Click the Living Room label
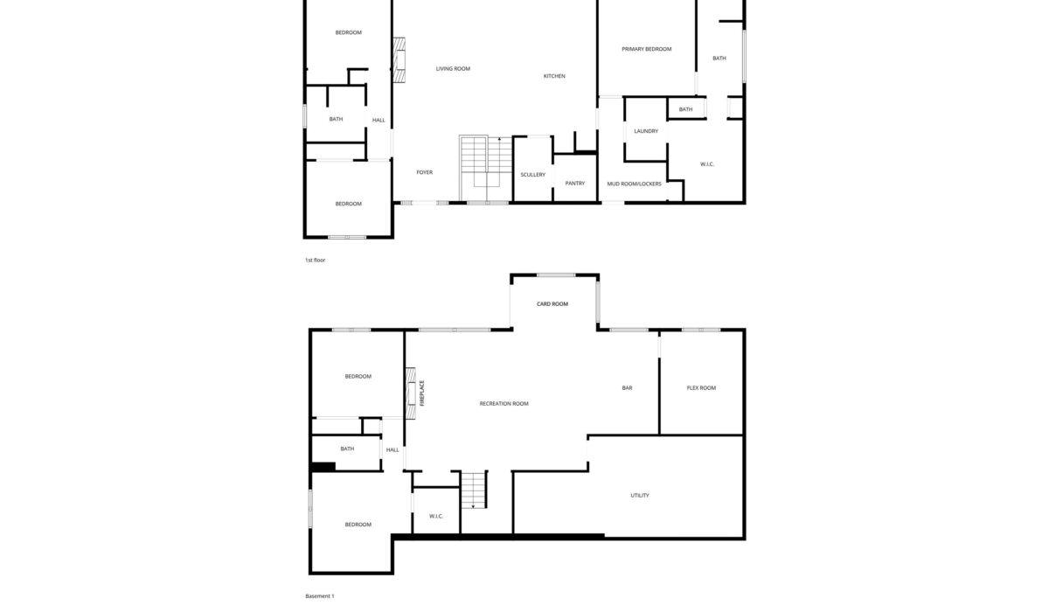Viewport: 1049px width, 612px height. tap(453, 69)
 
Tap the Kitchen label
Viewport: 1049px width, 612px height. tap(554, 76)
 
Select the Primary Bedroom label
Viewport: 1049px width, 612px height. tap(646, 49)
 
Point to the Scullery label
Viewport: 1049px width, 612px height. tap(533, 175)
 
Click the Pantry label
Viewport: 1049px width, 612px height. tap(574, 184)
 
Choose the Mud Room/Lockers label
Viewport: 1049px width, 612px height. tap(634, 184)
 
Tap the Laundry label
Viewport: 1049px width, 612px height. tap(646, 131)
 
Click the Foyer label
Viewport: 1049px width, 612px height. tap(425, 172)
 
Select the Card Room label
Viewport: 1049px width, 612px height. tap(552, 304)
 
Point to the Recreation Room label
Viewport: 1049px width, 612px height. tap(504, 404)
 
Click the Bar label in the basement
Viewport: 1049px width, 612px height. tap(627, 387)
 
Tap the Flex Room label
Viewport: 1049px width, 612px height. tap(701, 387)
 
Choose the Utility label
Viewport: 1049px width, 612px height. tap(640, 496)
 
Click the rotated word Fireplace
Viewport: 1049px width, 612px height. tap(422, 393)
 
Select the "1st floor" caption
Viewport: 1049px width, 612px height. tap(316, 261)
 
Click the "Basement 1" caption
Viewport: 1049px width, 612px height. tap(320, 596)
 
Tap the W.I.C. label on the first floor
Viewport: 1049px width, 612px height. tap(706, 164)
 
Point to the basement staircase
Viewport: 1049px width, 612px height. tap(474, 490)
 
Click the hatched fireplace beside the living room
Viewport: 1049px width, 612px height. tap(399, 60)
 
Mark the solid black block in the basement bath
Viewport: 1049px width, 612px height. tap(323, 467)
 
